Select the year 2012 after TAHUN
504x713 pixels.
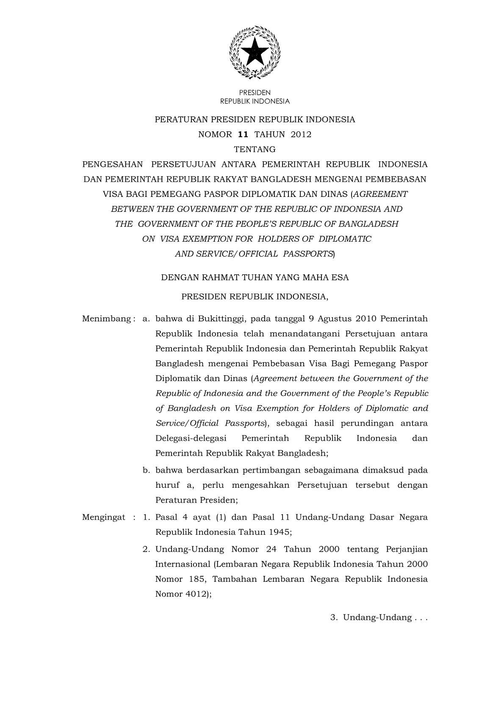pos(301,135)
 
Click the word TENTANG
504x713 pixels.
pos(255,149)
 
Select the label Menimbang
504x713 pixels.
pos(107,319)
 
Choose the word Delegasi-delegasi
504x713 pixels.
pos(191,438)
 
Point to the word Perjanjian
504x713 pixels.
pos(407,550)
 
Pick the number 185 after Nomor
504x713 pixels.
pos(197,579)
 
